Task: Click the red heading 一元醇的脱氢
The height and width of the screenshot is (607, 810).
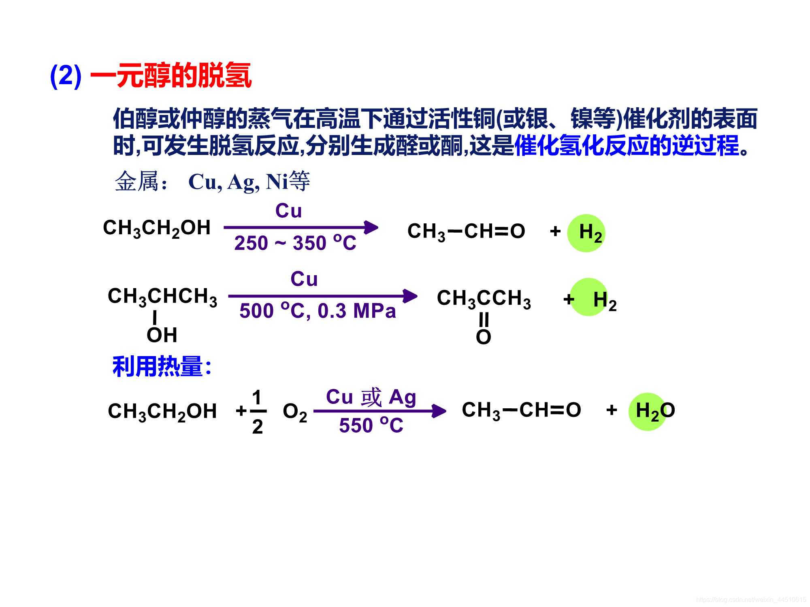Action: click(171, 76)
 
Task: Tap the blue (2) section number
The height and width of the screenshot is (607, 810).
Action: click(66, 76)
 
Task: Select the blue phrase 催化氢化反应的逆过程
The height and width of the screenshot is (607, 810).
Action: click(627, 146)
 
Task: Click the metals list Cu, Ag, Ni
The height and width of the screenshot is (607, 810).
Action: click(238, 182)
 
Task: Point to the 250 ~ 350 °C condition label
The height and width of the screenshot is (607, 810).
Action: click(295, 243)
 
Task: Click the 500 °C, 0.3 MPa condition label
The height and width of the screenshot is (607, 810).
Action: click(318, 311)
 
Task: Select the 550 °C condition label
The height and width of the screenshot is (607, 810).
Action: click(371, 425)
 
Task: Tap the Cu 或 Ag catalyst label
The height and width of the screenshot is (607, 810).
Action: click(371, 397)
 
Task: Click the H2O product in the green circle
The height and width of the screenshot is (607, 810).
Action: click(654, 411)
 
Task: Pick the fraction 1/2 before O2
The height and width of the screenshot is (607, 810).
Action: click(257, 412)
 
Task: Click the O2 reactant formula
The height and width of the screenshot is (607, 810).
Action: click(295, 412)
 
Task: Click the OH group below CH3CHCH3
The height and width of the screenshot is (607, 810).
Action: click(162, 335)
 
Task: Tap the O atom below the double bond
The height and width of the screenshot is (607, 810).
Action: click(483, 337)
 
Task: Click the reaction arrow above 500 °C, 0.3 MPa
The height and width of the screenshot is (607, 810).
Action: click(322, 296)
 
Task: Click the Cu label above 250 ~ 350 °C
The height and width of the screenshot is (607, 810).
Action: click(288, 211)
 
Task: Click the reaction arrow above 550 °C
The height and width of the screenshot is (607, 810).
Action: click(379, 411)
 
